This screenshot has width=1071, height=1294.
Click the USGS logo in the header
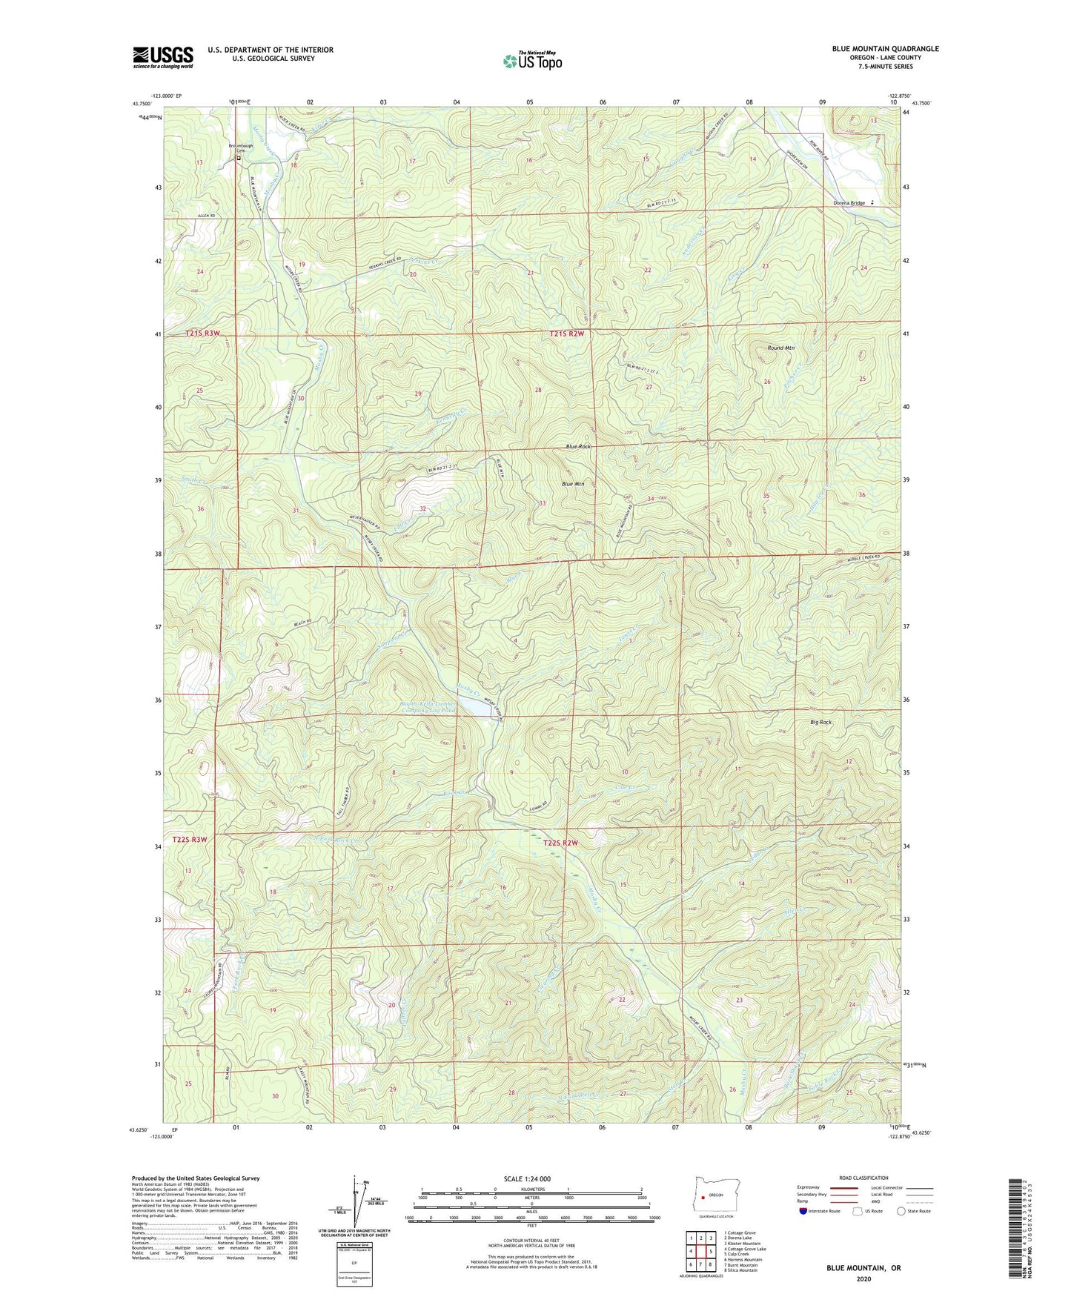163,57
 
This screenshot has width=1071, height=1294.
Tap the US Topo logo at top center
531,60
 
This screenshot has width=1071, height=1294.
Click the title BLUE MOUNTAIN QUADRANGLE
885,49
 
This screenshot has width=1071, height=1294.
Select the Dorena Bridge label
849,203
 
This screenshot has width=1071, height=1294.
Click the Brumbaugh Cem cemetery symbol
239,158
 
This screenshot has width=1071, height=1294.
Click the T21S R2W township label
568,334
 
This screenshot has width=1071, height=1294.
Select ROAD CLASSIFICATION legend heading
863,1178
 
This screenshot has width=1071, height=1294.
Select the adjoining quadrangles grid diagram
700,1251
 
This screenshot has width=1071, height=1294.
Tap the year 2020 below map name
863,1278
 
